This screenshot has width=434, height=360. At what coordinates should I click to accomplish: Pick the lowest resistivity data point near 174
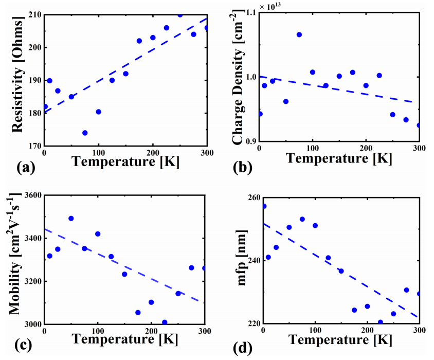[85, 133]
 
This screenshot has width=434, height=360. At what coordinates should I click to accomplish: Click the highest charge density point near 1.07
[299, 34]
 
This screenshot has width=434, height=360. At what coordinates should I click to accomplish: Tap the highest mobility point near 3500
[71, 219]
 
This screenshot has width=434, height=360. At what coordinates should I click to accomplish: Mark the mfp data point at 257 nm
[264, 206]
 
